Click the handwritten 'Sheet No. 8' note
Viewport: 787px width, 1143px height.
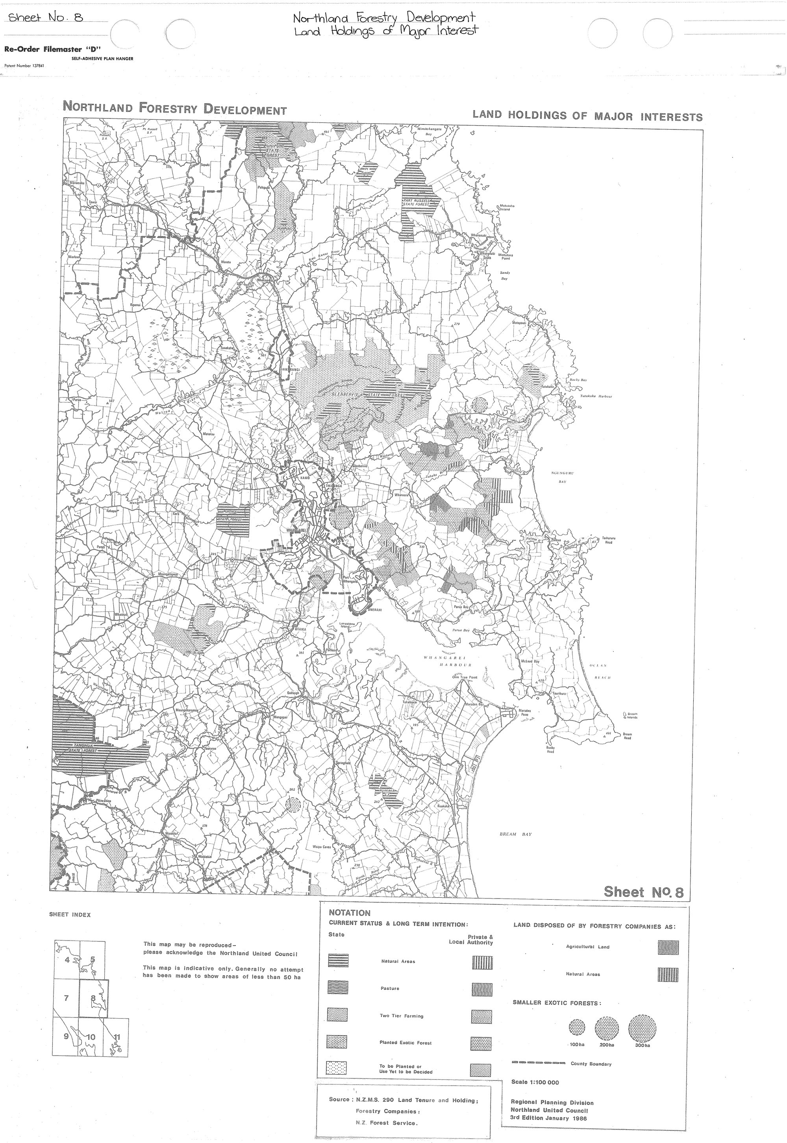(x=46, y=18)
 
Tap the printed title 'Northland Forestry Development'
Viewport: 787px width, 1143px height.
(x=174, y=109)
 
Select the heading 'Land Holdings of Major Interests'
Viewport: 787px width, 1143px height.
(x=587, y=117)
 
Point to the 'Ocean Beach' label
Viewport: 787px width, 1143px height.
(x=600, y=672)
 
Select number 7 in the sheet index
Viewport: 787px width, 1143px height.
(x=66, y=999)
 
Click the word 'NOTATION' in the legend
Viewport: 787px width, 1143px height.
(x=349, y=913)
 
